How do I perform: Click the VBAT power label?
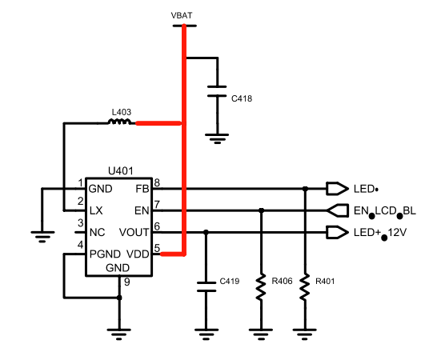182,15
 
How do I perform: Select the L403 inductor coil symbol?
119,122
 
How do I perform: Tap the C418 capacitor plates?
217,91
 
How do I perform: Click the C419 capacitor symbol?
206,286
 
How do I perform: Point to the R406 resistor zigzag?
261,287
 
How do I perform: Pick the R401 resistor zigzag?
305,287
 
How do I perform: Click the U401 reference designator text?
120,171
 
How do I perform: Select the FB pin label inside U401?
142,189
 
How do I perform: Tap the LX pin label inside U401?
96,210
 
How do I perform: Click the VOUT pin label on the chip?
134,232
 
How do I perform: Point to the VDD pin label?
138,254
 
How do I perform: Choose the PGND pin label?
105,254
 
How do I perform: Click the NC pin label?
98,232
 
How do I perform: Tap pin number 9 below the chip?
127,282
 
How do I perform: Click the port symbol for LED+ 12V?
337,232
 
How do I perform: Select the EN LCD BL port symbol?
337,210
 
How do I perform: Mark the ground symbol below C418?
217,138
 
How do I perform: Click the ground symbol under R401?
305,334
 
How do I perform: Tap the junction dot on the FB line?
305,189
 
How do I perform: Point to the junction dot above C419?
206,232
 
